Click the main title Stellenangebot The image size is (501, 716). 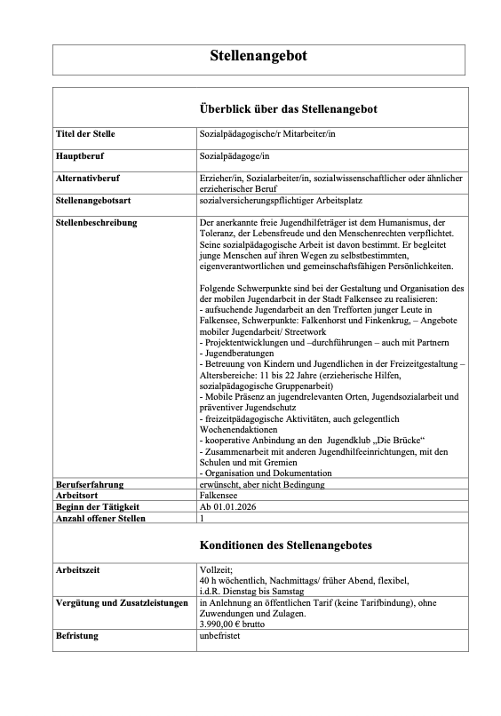click(x=258, y=56)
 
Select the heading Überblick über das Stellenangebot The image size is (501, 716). click(x=288, y=109)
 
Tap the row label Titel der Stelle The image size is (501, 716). click(x=85, y=134)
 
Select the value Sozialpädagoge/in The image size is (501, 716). click(x=234, y=155)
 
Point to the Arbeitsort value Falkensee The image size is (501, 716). click(x=221, y=495)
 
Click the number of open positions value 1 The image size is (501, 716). click(x=203, y=516)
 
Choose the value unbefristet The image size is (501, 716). click(x=222, y=636)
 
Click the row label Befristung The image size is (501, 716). click(x=77, y=636)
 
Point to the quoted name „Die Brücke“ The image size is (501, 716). click(x=396, y=441)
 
